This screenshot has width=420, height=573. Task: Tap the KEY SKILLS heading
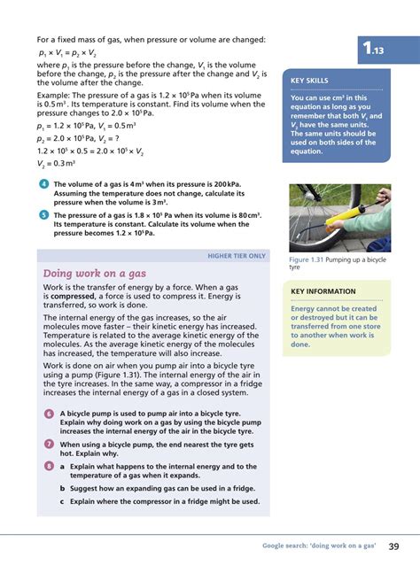tap(310, 81)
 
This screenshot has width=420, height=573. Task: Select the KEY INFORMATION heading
tap(323, 291)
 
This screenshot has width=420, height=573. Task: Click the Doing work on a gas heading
tap(94, 274)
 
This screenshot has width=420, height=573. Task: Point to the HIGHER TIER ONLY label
tap(237, 256)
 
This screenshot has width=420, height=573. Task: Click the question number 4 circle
tap(44, 183)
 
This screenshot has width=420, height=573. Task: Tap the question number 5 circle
tap(44, 213)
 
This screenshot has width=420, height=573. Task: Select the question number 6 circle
tap(49, 414)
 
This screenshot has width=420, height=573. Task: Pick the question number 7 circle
tap(49, 444)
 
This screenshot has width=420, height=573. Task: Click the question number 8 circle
tap(49, 466)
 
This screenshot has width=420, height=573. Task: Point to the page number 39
tap(393, 546)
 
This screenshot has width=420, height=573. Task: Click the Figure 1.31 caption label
tap(307, 259)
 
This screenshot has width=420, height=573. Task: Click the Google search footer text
tap(319, 546)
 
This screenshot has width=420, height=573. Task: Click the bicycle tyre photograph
tap(339, 217)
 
